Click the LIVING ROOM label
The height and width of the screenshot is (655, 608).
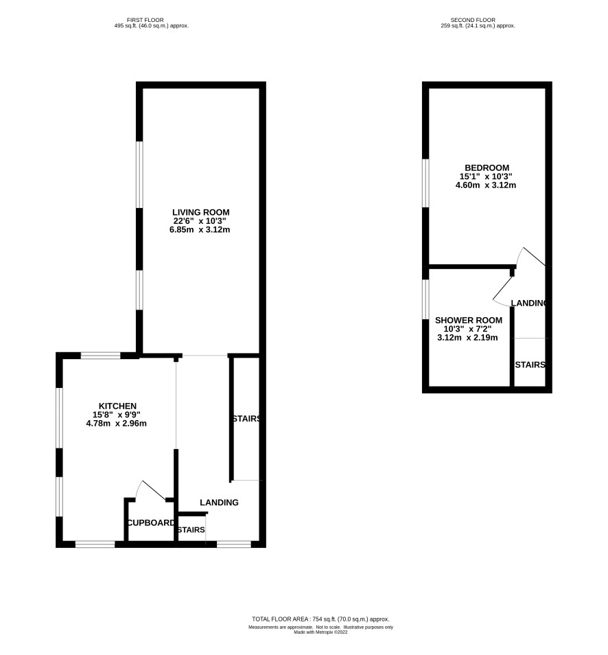(201, 212)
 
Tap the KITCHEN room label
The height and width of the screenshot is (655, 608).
(117, 406)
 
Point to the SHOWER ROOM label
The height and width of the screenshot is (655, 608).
(469, 321)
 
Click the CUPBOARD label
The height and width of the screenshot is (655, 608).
(151, 523)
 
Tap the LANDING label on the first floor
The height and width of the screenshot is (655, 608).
(219, 503)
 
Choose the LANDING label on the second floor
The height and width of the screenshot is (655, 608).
(528, 303)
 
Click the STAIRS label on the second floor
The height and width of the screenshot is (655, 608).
(530, 365)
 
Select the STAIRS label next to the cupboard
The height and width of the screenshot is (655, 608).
(191, 529)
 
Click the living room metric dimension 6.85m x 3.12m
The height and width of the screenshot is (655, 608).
(200, 230)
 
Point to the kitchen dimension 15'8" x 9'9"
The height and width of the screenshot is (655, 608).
(117, 415)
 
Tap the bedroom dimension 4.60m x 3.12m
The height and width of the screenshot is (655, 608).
(486, 185)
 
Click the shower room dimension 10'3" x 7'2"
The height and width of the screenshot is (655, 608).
(467, 329)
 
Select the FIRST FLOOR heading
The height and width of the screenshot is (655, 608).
(145, 20)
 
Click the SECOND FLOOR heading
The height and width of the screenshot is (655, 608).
(473, 20)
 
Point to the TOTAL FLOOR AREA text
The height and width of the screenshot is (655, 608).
(320, 619)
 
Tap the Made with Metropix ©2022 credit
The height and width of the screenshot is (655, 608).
(320, 632)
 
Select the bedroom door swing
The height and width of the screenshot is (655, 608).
(531, 256)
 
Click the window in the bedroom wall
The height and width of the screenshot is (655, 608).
(425, 183)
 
